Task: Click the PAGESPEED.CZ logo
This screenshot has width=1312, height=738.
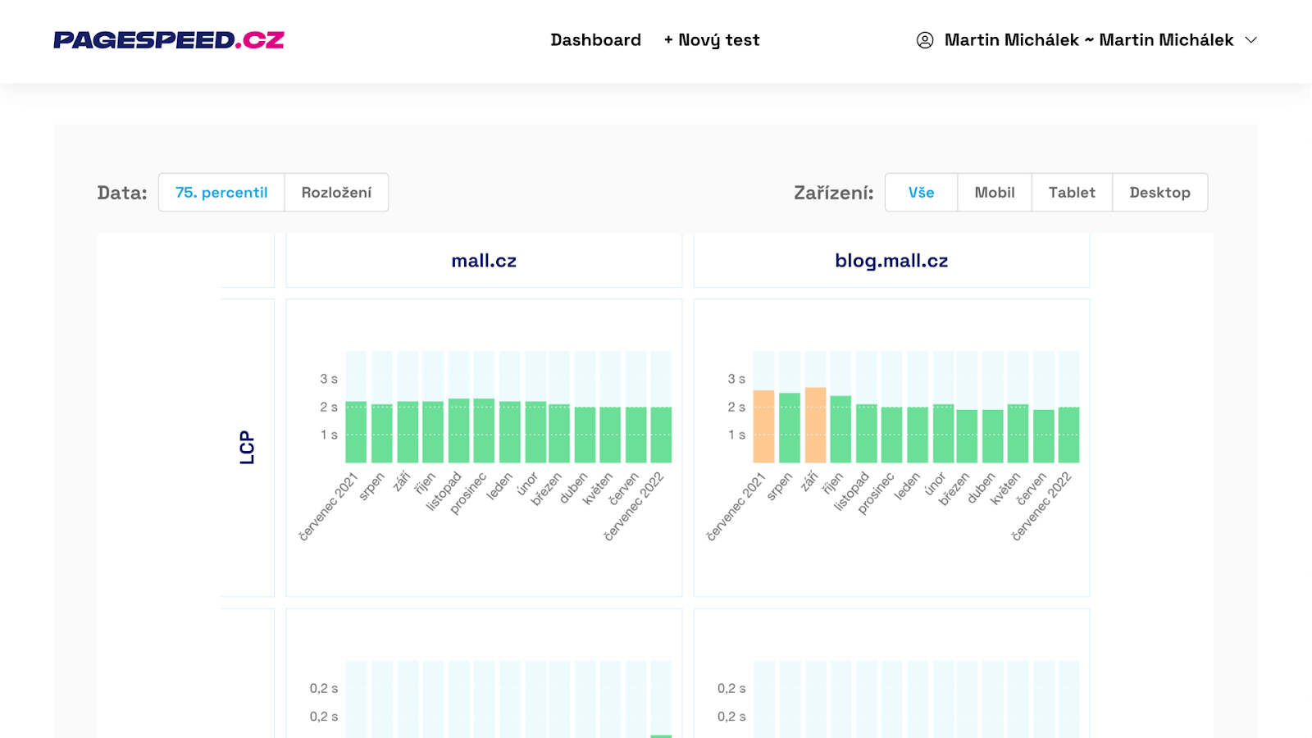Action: pos(169,40)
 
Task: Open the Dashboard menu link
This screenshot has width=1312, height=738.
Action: pos(595,40)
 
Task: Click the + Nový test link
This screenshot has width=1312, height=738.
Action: pos(712,40)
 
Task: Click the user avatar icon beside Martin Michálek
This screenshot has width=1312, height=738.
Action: pos(925,40)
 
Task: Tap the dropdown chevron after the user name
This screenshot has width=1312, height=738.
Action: pos(1251,40)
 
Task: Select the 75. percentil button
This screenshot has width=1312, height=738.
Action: pos(221,193)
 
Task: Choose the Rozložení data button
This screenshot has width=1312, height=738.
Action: pos(336,193)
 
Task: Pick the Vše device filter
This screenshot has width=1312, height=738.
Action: pos(921,193)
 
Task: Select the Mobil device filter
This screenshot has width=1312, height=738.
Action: pos(994,193)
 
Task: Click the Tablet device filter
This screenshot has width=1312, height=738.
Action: pos(1072,193)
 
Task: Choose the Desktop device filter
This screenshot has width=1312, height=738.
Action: pos(1159,193)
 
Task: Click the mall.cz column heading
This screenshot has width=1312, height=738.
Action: pos(484,261)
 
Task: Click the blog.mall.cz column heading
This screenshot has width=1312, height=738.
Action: pos(891,261)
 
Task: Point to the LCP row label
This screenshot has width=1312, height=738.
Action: pos(247,448)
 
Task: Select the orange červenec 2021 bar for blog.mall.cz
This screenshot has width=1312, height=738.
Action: pos(763,427)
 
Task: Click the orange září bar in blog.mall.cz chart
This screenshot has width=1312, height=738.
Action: pos(815,426)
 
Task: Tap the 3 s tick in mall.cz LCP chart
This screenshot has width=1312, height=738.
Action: pos(329,379)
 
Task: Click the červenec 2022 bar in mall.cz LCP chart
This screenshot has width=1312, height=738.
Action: pos(661,435)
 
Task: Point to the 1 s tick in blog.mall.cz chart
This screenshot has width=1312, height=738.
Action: pos(736,435)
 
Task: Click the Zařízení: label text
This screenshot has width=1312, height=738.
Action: pos(833,193)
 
